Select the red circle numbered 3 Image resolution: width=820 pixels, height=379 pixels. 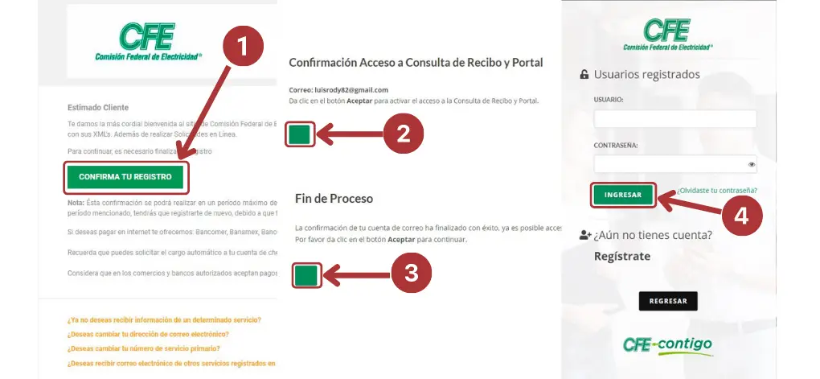tap(411, 274)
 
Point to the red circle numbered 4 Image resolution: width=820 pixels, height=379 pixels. tap(747, 218)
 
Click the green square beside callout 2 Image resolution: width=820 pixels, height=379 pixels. tap(300, 134)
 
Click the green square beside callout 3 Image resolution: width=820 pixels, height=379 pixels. tap(305, 276)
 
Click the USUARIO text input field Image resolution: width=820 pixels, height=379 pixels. tap(674, 120)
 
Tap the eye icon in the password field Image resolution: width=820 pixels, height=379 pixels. tap(751, 165)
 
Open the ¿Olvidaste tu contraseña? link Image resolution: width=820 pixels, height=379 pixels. tap(716, 191)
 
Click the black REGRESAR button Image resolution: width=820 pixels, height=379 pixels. tap(667, 301)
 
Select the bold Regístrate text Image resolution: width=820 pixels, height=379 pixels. tap(621, 257)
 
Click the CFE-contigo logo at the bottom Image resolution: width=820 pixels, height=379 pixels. tap(666, 345)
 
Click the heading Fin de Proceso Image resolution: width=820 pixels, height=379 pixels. tap(334, 198)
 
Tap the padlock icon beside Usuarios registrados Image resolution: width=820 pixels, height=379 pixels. tap(584, 75)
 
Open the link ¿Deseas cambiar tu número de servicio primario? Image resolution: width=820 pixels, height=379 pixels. tap(144, 348)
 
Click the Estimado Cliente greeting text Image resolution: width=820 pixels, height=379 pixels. tap(98, 108)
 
